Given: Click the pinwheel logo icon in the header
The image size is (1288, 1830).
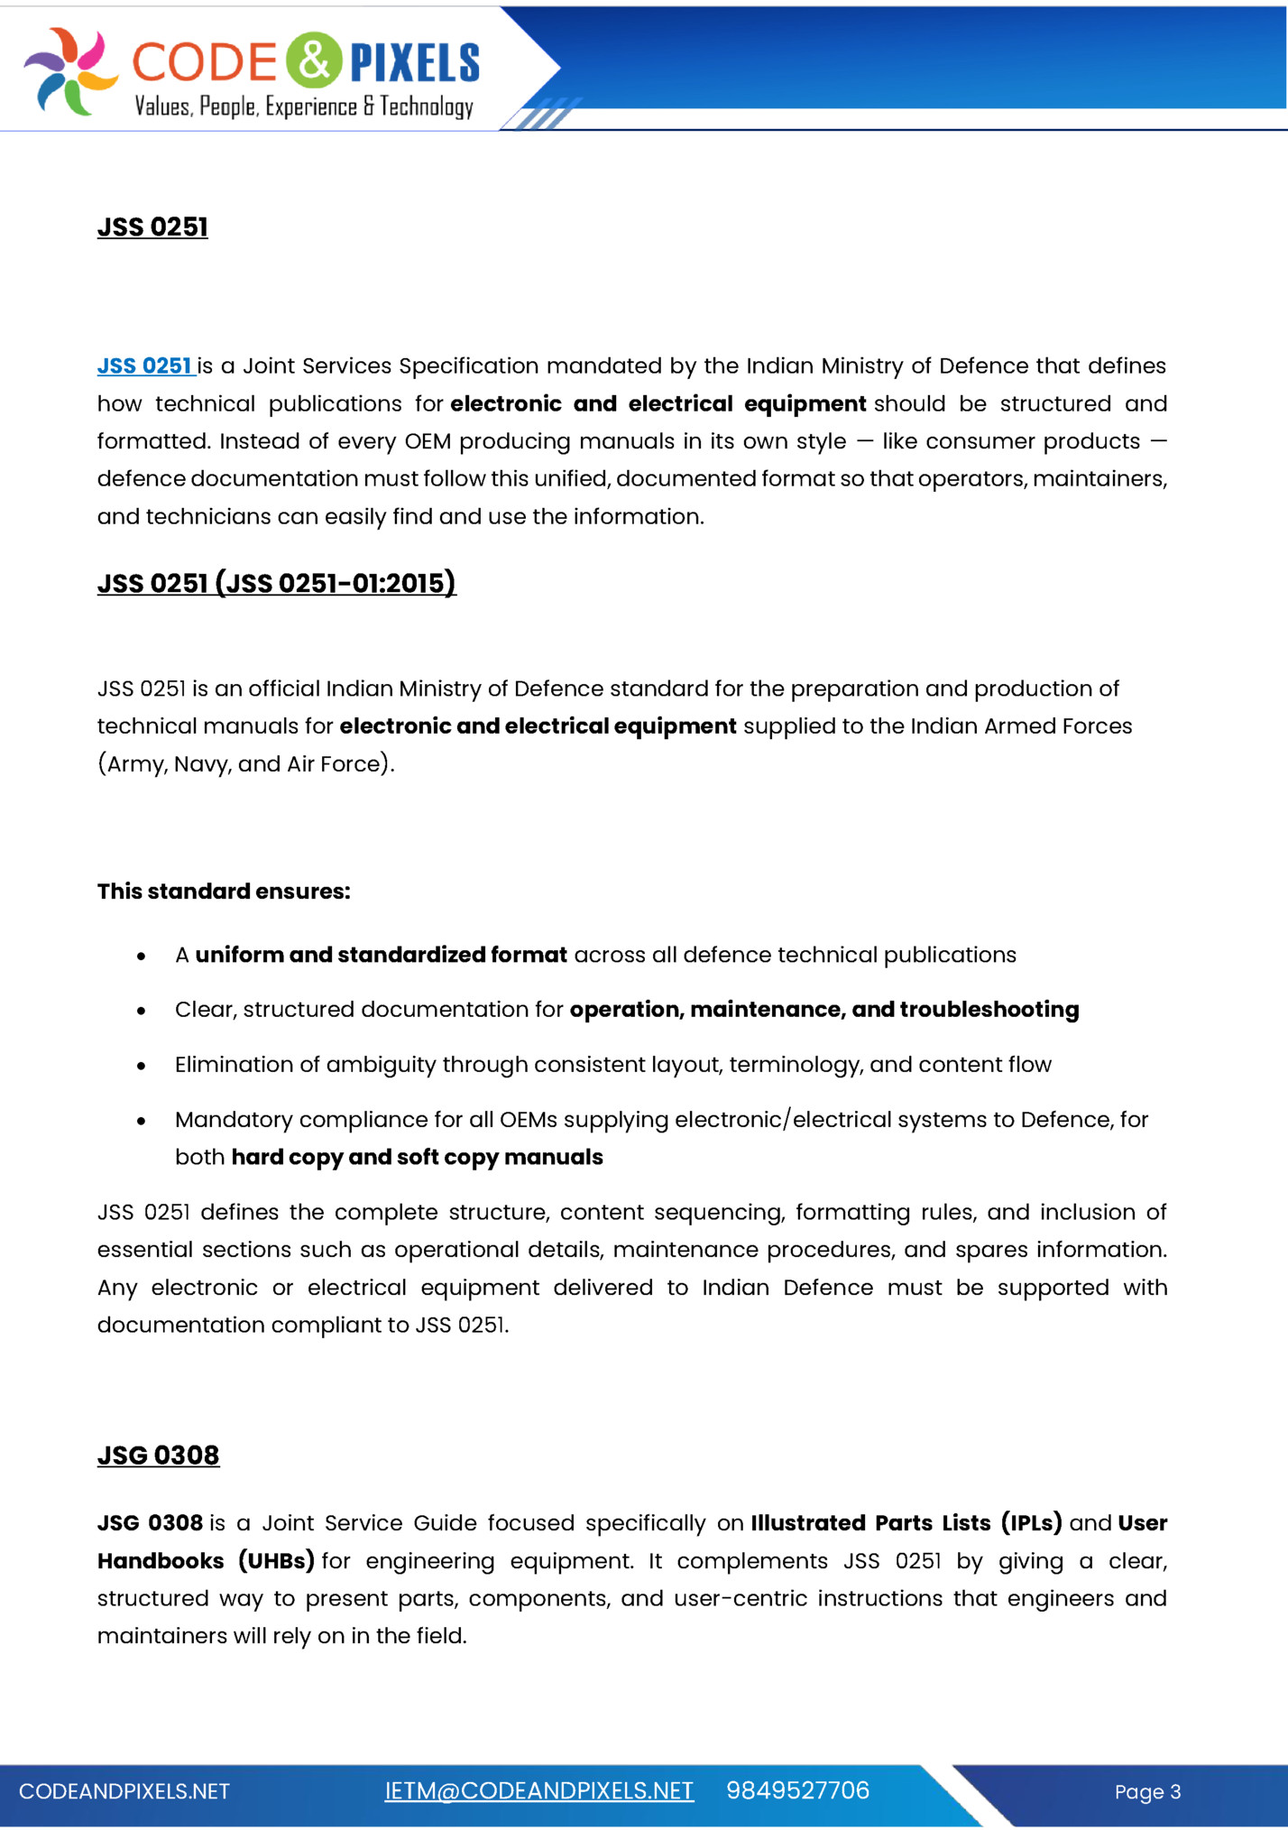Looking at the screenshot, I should (70, 70).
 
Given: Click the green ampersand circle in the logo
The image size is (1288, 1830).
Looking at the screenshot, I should (314, 60).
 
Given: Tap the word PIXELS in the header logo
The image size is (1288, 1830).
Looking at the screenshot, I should (415, 63).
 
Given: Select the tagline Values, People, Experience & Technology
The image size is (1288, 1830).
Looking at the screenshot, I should (304, 106).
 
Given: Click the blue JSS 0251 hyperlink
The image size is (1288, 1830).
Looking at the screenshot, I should (145, 365).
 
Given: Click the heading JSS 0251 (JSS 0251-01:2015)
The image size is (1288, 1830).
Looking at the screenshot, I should (276, 583).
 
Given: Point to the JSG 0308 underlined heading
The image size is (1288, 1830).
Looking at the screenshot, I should (158, 1455).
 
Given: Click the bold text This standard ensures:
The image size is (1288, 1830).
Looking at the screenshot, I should (224, 891).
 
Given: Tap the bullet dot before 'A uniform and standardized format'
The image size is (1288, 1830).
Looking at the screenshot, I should (142, 956).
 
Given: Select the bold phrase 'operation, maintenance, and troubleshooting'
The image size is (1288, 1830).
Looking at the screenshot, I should (823, 1009).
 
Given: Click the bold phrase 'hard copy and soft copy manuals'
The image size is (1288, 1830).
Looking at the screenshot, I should (417, 1157).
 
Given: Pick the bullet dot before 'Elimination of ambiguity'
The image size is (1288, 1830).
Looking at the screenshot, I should (142, 1066).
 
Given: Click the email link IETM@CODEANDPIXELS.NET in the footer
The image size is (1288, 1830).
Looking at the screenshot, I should (538, 1790).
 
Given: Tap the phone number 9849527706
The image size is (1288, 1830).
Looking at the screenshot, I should (797, 1790).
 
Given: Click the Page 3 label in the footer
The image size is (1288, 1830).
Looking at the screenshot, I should (1147, 1791).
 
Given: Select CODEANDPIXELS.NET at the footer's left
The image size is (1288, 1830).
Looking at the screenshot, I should (124, 1791).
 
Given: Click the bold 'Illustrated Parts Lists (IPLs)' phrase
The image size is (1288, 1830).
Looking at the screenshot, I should (906, 1523).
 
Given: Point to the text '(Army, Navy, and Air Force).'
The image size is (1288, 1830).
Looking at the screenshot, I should (246, 763).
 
